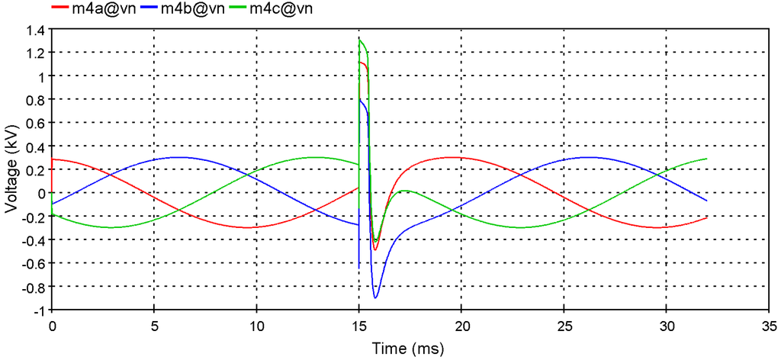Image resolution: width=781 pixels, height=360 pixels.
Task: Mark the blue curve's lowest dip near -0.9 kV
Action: tap(375, 297)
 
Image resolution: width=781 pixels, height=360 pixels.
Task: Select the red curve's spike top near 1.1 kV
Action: tap(360, 63)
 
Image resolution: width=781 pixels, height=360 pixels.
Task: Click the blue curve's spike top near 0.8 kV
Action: tap(360, 98)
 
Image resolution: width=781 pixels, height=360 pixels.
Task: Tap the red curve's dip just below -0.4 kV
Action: tap(374, 249)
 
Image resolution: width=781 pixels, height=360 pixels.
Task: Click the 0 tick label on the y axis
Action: tap(41, 194)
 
